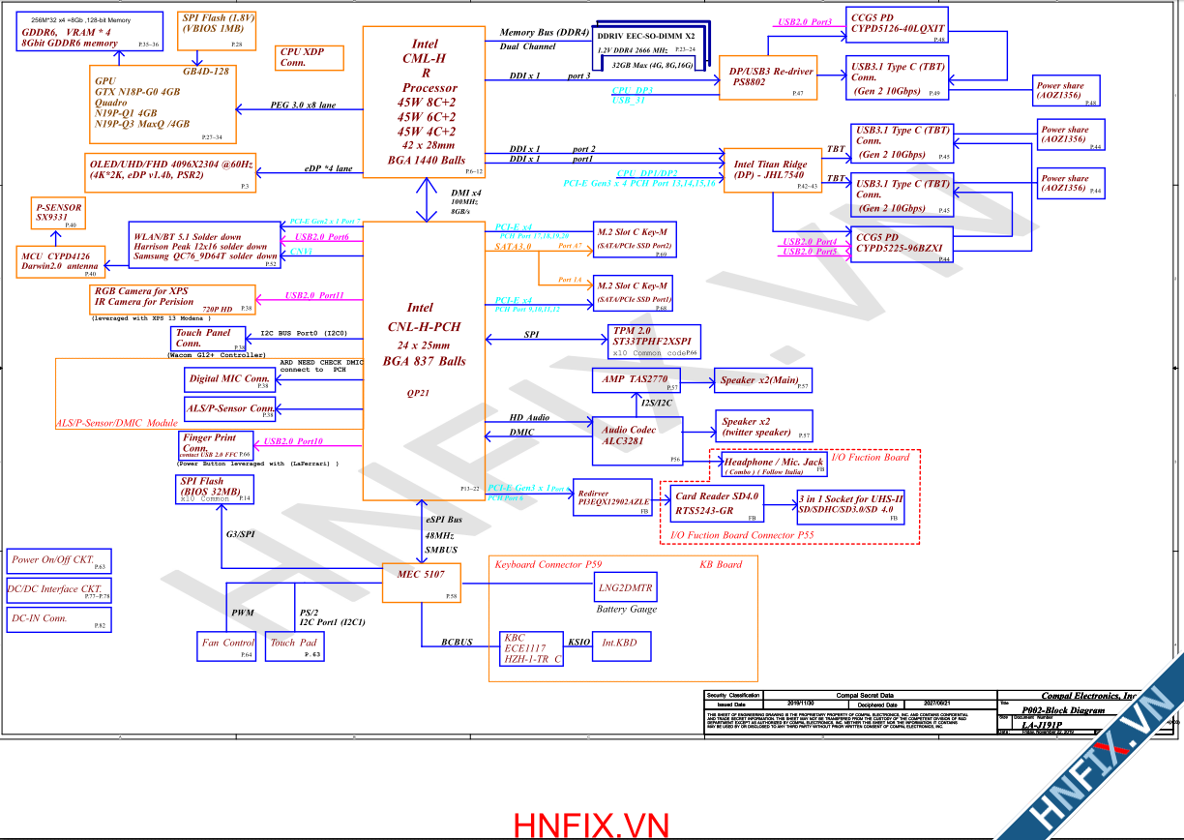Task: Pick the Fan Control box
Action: click(227, 643)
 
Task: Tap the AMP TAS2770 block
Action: click(637, 380)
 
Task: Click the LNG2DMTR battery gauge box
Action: click(626, 587)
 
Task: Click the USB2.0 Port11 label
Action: click(314, 295)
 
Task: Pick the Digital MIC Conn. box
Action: click(230, 380)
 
